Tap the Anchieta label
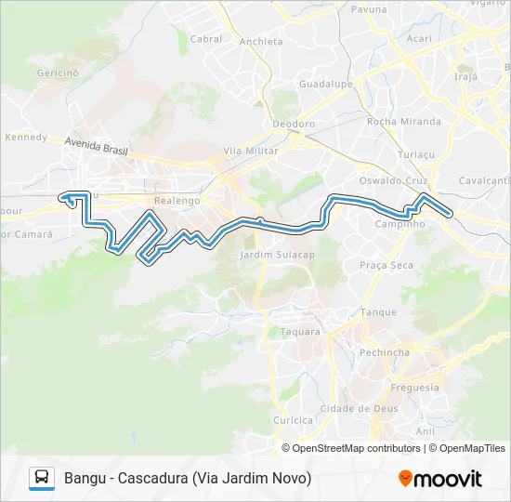260,42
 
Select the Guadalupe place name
324,84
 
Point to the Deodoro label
294,124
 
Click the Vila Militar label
252,151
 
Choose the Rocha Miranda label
403,122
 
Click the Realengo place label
177,201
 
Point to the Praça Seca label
387,266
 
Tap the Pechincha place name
385,353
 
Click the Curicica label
294,420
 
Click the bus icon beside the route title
42,478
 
